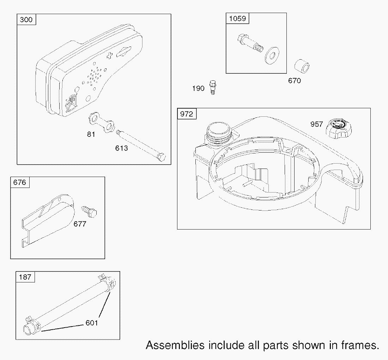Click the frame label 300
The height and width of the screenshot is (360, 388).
tap(26, 19)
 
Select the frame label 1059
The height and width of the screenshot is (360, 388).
tap(237, 18)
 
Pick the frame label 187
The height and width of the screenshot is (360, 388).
tap(25, 277)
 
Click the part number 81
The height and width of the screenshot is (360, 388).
tap(91, 134)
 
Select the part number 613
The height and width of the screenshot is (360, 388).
tap(121, 148)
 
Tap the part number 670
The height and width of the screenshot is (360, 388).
tap(294, 81)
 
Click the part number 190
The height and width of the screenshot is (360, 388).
tap(198, 89)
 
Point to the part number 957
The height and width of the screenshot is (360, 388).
tap(316, 124)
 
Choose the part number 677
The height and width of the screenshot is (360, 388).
tap(80, 224)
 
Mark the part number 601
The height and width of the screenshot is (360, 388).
tap(91, 323)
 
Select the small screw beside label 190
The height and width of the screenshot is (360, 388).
tap(212, 86)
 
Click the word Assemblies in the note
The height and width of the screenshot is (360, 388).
tap(175, 345)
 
